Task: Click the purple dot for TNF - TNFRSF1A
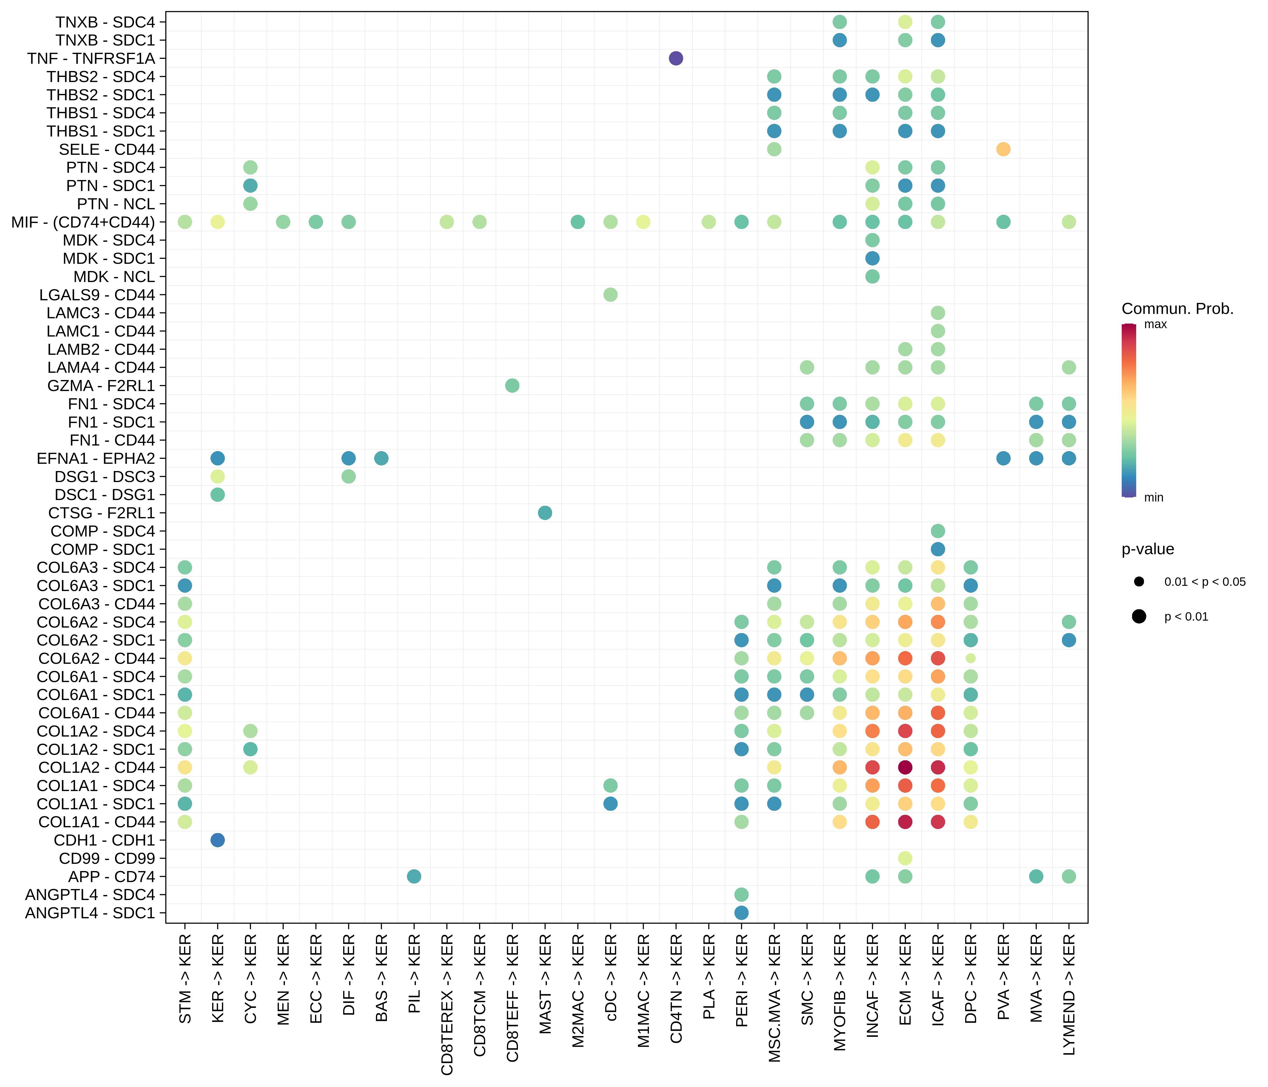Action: pos(676,58)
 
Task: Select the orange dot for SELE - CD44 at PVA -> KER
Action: pos(1003,149)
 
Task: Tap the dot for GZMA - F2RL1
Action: pos(512,386)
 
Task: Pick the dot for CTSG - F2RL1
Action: pos(545,513)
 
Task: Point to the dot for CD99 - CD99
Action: pos(905,858)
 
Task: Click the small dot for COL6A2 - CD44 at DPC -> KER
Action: pos(971,659)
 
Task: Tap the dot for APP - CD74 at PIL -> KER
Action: pos(414,877)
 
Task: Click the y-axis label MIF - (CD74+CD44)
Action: pos(83,222)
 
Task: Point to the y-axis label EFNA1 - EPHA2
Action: pos(96,459)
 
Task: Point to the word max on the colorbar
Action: pos(1155,324)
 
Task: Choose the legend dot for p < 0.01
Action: pos(1139,616)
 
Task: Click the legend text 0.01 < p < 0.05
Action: pos(1204,582)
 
